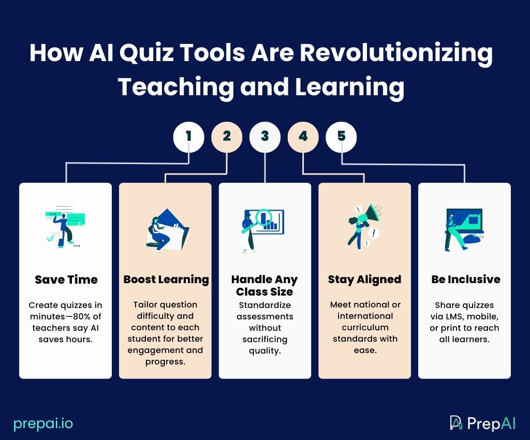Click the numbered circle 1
coord(188,137)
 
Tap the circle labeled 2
coord(227,137)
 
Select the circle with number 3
coord(265,137)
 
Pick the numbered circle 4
coord(303,137)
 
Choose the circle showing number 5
coord(341,137)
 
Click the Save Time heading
coord(66,280)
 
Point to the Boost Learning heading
coord(166,280)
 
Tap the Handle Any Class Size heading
coord(264,286)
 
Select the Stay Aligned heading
coord(364,280)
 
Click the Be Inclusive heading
coord(466,280)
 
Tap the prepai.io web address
coord(43,424)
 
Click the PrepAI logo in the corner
coord(482,423)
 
